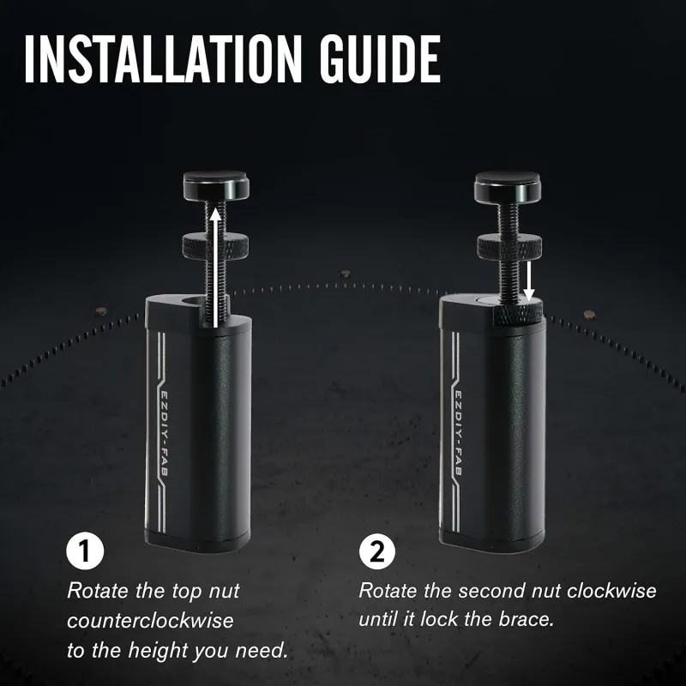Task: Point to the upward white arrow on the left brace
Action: [x=214, y=268]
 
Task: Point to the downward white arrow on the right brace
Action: [x=529, y=282]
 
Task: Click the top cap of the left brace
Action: [x=216, y=185]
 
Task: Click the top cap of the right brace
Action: [x=508, y=186]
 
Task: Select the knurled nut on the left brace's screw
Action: [x=215, y=245]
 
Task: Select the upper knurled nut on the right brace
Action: [x=509, y=247]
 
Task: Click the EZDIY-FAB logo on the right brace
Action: [x=457, y=433]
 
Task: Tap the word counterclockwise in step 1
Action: [x=150, y=621]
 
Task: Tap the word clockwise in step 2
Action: [x=611, y=591]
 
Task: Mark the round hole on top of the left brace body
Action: [x=191, y=302]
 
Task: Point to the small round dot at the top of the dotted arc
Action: [x=346, y=274]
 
